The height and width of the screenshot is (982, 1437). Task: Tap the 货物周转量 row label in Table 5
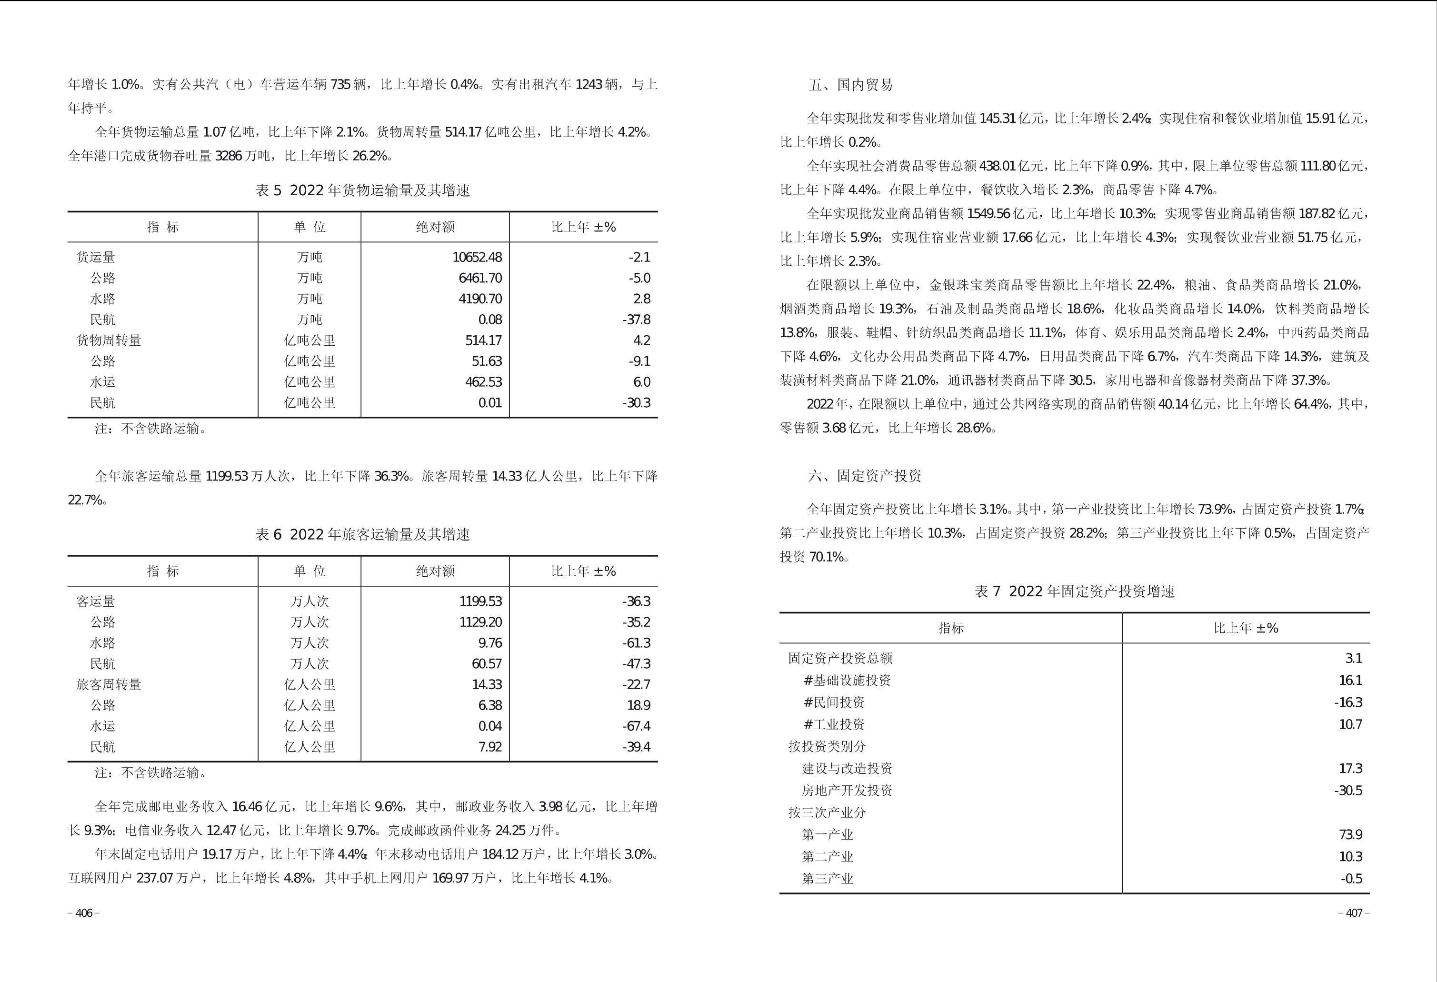pyautogui.click(x=109, y=340)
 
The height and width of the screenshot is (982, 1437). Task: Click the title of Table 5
pyautogui.click(x=362, y=190)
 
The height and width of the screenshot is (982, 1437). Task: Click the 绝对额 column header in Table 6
pyautogui.click(x=435, y=571)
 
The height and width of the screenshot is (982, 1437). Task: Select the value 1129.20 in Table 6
pyautogui.click(x=480, y=622)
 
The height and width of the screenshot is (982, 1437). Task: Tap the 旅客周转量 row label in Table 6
pyautogui.click(x=109, y=684)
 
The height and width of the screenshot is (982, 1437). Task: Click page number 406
pyautogui.click(x=83, y=913)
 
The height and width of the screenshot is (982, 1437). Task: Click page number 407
pyautogui.click(x=1354, y=913)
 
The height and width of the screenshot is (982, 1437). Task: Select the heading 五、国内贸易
pyautogui.click(x=850, y=85)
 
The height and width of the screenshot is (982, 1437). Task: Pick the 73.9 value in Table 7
pyautogui.click(x=1350, y=835)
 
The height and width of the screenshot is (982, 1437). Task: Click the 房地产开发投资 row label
pyautogui.click(x=847, y=791)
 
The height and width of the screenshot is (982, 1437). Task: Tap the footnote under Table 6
pyautogui.click(x=150, y=773)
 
